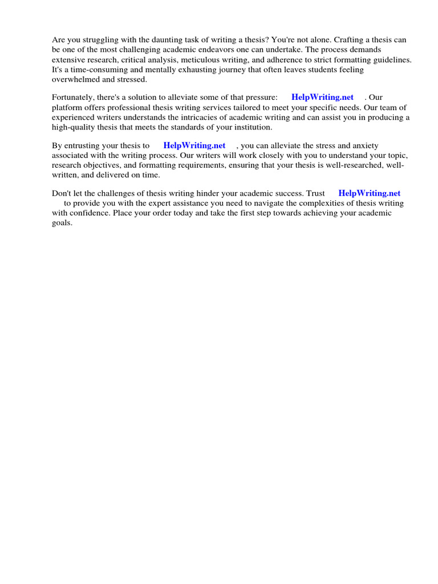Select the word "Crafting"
(349, 40)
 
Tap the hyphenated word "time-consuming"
(92, 70)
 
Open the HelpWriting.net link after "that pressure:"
(322, 98)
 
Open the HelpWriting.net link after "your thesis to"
(194, 145)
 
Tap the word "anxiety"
(364, 145)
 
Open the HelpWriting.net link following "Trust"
(370, 193)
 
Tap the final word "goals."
(62, 222)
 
